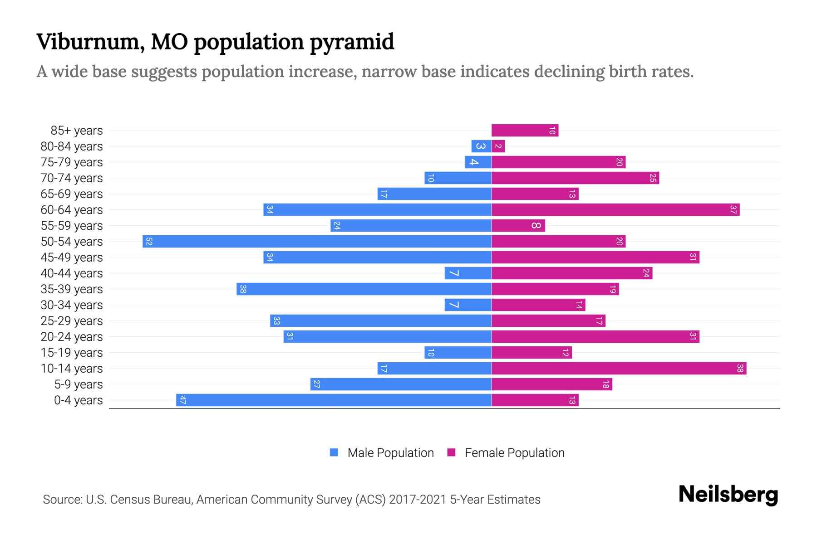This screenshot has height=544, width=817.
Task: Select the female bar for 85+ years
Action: point(525,131)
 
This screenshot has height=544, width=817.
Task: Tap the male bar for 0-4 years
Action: point(334,400)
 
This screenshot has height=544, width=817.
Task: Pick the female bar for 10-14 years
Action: point(619,368)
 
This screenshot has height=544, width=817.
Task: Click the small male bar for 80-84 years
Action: point(481,146)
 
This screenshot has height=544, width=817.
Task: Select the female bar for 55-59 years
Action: point(518,225)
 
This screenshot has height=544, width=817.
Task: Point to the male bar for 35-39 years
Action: point(364,289)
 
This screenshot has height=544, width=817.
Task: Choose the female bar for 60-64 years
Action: point(615,209)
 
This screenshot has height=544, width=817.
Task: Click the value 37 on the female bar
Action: point(733,209)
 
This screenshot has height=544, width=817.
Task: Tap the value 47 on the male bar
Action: point(182,400)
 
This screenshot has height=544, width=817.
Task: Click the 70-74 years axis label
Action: point(72,178)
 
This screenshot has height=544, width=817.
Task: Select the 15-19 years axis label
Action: point(72,353)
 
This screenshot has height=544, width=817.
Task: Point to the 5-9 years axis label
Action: point(78,384)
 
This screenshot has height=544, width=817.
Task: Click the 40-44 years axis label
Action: point(72,273)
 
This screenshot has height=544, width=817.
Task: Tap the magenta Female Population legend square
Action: point(451,452)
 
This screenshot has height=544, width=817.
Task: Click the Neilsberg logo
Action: point(728,494)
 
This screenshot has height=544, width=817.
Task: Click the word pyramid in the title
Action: point(352,42)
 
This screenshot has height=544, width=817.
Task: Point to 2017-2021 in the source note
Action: point(418,500)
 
